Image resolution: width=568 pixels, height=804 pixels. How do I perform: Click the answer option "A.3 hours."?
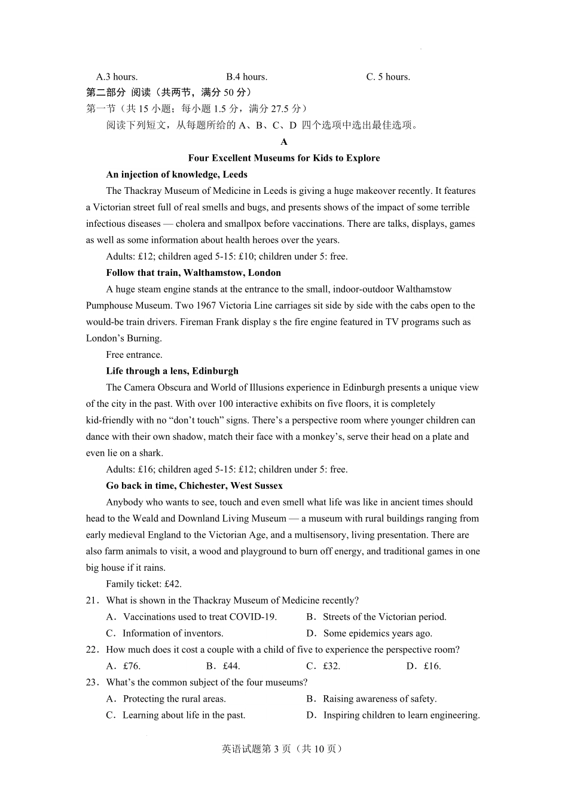point(117,77)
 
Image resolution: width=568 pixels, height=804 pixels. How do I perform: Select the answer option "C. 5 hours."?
point(388,77)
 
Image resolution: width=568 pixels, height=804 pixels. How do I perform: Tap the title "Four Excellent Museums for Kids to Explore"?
point(284,158)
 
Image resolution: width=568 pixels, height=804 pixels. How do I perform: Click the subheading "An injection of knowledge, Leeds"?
point(176,175)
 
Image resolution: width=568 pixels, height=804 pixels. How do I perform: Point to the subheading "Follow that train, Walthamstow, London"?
point(193,273)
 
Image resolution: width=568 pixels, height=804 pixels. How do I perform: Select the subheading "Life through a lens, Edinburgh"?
point(172,371)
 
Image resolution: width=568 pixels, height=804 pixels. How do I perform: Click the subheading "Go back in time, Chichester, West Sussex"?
point(194,486)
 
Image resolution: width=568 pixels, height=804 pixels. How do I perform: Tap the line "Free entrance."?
point(134,355)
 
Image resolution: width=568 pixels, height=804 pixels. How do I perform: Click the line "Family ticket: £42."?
point(143,584)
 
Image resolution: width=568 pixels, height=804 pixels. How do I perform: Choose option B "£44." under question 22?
point(224,666)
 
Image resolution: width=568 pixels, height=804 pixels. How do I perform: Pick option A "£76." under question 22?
point(124,666)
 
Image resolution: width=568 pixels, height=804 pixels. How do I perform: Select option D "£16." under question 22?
point(424,666)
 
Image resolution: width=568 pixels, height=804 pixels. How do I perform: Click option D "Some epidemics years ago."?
point(369,633)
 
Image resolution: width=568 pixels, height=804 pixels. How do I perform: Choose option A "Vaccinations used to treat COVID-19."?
point(192,617)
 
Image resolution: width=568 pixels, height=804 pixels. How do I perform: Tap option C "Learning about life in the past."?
point(176,715)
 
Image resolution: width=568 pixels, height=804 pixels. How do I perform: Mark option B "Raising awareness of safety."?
point(372,699)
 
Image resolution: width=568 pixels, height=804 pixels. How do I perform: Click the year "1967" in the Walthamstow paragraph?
point(187,306)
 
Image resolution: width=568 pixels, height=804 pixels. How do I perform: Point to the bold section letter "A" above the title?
point(284,142)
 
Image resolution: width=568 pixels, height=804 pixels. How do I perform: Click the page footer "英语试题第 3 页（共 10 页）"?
point(283,749)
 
